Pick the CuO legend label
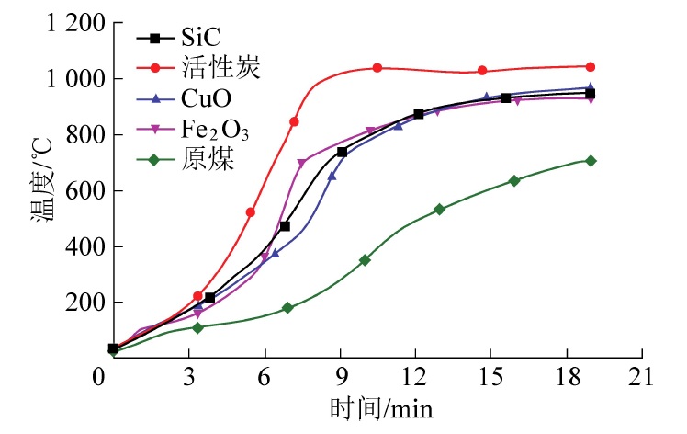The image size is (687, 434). [200, 99]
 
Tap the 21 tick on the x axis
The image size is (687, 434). [641, 376]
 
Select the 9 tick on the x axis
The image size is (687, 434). [341, 376]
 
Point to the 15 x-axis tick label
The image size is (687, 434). [490, 376]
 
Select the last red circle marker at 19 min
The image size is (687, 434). [591, 66]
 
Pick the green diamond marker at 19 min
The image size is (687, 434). [591, 161]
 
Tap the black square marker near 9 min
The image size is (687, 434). [342, 152]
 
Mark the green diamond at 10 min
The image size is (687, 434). [365, 260]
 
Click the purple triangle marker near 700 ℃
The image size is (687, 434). [301, 164]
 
